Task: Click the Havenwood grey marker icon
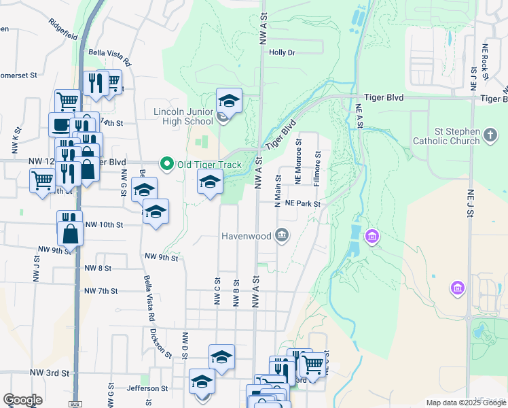pos(282,237)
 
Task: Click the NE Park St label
pos(302,203)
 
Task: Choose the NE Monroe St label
pos(297,168)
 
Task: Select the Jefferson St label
pos(147,388)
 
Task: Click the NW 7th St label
pos(101,291)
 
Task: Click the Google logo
pos(22,400)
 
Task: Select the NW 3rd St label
pos(50,373)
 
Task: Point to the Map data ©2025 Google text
pos(465,403)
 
